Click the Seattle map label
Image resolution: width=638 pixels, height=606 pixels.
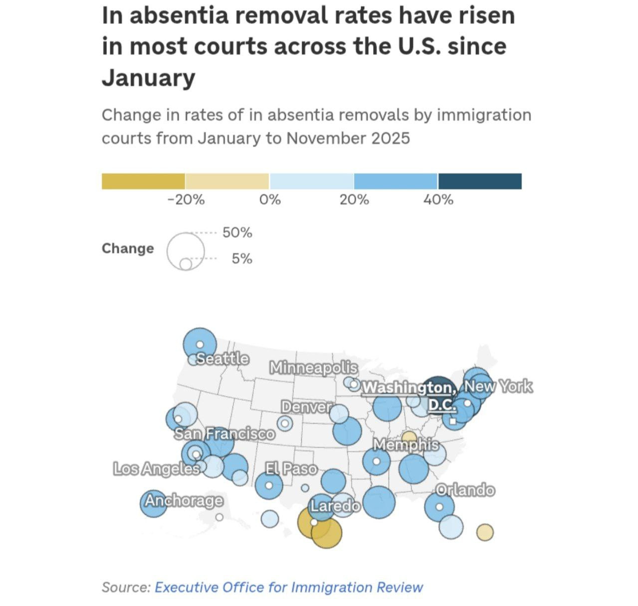(x=222, y=358)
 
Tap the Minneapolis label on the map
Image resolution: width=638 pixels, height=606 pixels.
(x=313, y=368)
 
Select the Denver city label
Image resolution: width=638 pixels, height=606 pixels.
(x=306, y=407)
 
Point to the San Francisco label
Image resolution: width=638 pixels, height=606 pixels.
(x=224, y=433)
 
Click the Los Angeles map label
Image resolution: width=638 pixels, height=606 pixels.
(x=156, y=469)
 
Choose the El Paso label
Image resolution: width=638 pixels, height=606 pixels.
(x=291, y=469)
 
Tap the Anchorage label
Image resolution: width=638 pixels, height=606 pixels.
(x=184, y=500)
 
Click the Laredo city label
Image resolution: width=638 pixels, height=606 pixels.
(x=335, y=506)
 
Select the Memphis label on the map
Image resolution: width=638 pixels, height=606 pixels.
(x=406, y=444)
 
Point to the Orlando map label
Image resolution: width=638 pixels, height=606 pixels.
(x=465, y=490)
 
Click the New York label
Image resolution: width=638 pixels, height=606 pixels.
(x=498, y=386)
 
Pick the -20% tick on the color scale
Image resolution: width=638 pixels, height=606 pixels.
(x=186, y=200)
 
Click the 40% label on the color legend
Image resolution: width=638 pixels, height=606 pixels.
(x=438, y=200)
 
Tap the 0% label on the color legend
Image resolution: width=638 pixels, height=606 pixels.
(x=270, y=200)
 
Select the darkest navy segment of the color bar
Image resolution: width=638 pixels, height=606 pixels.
(x=480, y=181)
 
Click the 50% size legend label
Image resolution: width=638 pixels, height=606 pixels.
(x=237, y=233)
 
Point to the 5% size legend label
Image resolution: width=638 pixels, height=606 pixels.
(x=242, y=259)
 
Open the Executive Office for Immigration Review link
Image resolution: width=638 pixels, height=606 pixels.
(x=289, y=587)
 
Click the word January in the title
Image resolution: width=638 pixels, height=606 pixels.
(x=149, y=77)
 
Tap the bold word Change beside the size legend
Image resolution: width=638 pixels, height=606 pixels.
(x=128, y=248)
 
